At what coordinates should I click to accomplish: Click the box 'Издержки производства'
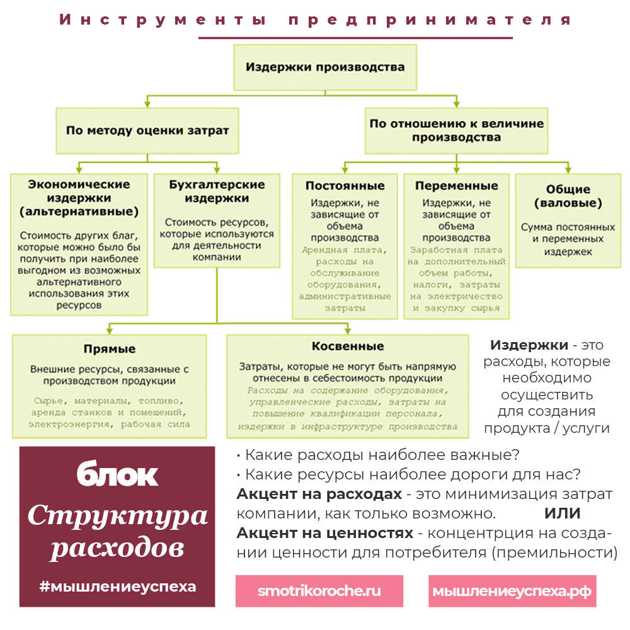point(325,67)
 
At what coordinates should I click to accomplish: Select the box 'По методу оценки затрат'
point(147,131)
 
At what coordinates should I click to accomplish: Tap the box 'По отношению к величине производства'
point(457,130)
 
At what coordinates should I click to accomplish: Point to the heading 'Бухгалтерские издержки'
point(217,192)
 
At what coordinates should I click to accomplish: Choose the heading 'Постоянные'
point(345,186)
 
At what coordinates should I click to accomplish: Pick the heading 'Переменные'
point(457,186)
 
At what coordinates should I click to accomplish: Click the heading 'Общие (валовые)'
point(568,197)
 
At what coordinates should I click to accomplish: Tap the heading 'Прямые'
point(110,349)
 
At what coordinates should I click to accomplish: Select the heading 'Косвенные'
point(347,346)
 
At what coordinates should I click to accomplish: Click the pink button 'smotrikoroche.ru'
point(319,591)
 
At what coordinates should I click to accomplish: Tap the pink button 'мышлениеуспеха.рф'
point(512,591)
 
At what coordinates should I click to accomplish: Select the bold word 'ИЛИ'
point(562,513)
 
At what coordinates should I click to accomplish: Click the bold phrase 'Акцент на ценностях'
point(324,533)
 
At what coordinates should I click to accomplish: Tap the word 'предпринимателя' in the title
point(430,20)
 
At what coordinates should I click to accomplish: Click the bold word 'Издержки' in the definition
point(527,345)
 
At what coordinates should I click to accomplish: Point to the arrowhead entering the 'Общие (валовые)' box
point(568,170)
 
